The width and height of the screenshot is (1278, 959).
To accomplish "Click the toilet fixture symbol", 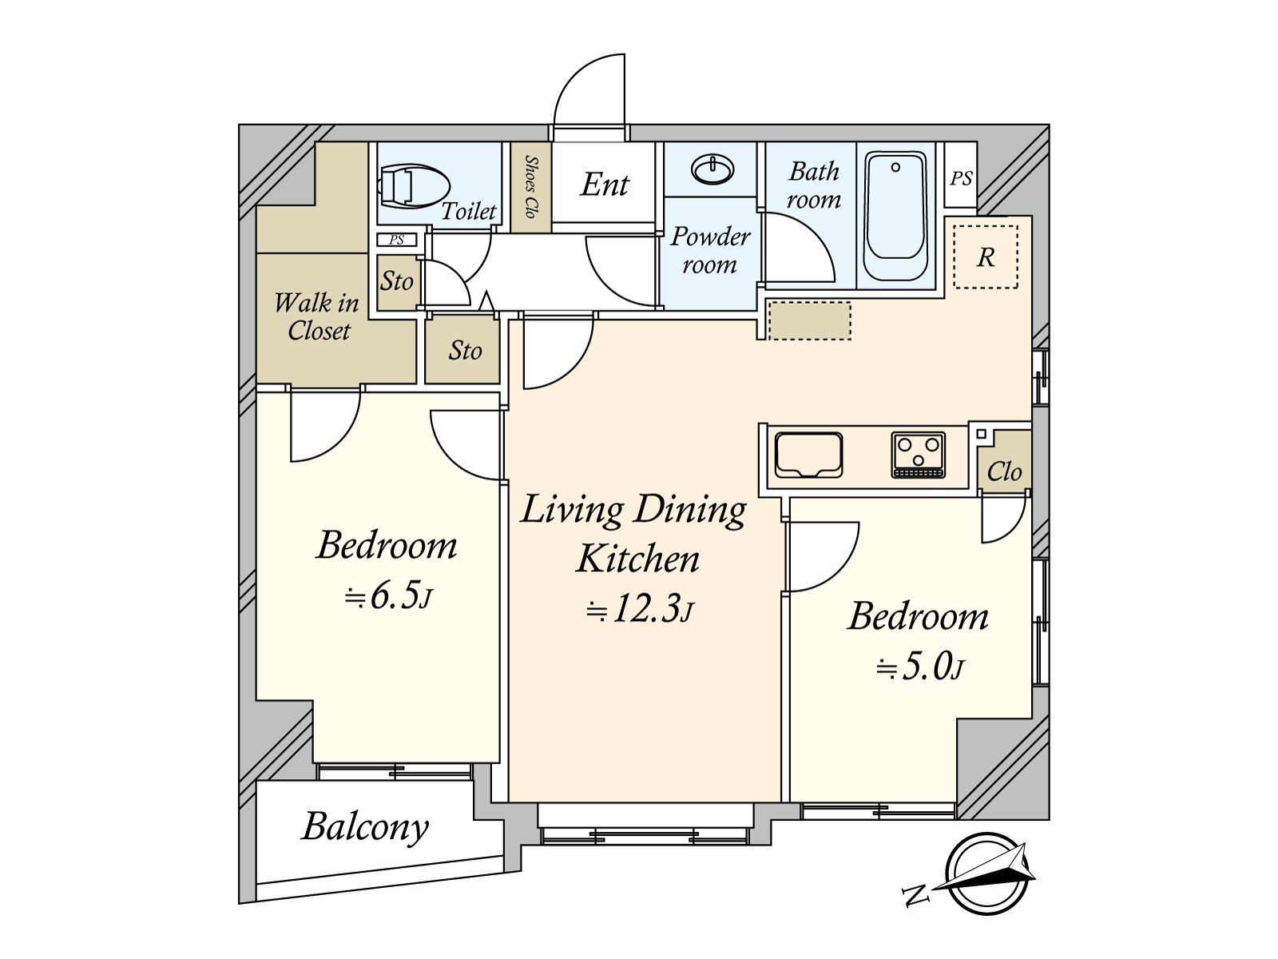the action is (x=413, y=186).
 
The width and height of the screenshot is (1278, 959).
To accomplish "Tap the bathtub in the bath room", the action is (x=895, y=216).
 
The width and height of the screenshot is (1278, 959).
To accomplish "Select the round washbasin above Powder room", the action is (x=712, y=169).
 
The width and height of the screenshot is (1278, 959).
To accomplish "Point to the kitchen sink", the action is (x=808, y=455).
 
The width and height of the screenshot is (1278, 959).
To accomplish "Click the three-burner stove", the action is (x=919, y=455).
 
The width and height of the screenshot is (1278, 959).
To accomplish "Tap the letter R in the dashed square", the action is (x=986, y=257).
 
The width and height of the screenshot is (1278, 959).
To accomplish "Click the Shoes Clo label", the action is (x=530, y=186).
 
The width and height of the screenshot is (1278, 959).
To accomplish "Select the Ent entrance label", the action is (x=605, y=185).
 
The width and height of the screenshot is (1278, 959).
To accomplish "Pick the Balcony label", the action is (x=365, y=827).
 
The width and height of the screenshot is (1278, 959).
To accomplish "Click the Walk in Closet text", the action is (x=317, y=316).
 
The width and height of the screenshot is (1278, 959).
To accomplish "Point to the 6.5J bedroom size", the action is (x=388, y=597).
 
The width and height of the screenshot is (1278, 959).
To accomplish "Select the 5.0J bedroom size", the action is (x=920, y=667).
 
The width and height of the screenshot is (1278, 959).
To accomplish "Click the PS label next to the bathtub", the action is (x=961, y=178).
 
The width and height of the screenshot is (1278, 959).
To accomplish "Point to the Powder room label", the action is (x=710, y=250).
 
